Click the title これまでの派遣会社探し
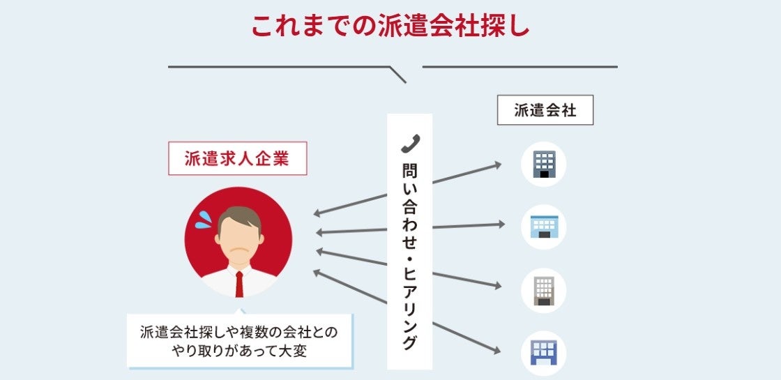tap(390, 26)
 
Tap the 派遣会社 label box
tap(545, 110)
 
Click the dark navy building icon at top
tap(544, 165)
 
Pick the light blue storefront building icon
tap(544, 227)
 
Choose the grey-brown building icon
tap(544, 290)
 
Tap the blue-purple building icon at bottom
tap(544, 352)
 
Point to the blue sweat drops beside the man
tap(203, 220)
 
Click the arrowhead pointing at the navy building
tap(497, 165)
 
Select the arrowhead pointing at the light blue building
tap(500, 225)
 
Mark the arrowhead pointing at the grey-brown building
tap(497, 286)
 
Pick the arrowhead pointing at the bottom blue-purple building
tap(496, 349)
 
